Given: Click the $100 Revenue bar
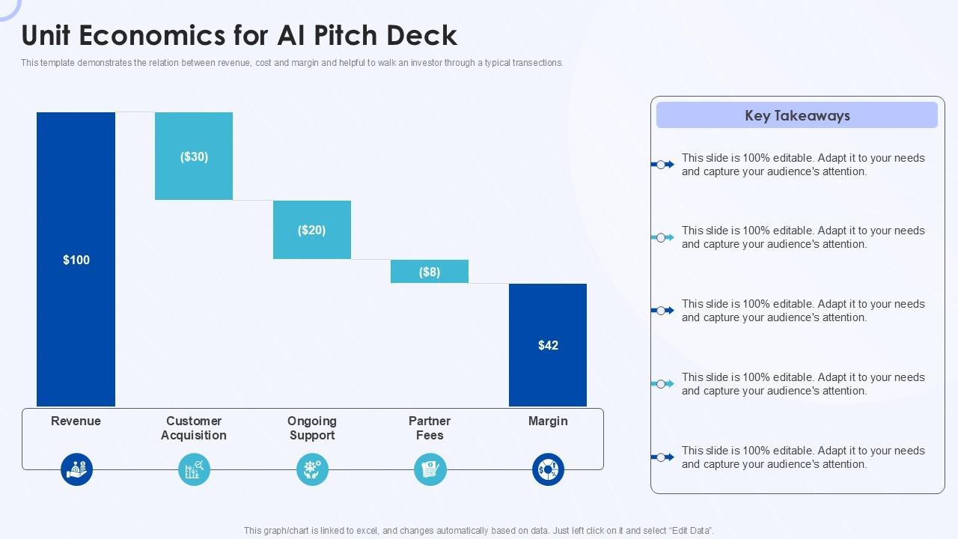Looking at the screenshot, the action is point(76,259).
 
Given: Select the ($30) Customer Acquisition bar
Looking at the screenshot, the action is point(194,156).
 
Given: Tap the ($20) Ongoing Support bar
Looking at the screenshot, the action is point(311,229).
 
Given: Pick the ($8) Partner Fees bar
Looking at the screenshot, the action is point(430,271).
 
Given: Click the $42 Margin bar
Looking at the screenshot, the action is point(548,344).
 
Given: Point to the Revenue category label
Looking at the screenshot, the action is point(76,421).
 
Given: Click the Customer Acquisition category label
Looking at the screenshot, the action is point(194,428).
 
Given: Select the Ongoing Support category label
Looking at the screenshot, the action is point(311,428).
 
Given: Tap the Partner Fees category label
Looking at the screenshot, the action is point(430,428).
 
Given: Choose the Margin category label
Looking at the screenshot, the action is point(548,421).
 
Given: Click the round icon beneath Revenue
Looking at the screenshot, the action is point(76,469).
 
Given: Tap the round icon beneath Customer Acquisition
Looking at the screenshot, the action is point(195,469).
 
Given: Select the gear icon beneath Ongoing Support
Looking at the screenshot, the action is point(312,469).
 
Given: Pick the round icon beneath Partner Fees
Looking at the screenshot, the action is point(430,469).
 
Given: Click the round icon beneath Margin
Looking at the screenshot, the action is point(548,469).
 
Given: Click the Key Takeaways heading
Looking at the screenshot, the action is point(797,115).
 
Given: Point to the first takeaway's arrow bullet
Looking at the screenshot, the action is point(662,165).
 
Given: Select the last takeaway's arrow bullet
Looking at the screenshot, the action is point(662,457).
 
